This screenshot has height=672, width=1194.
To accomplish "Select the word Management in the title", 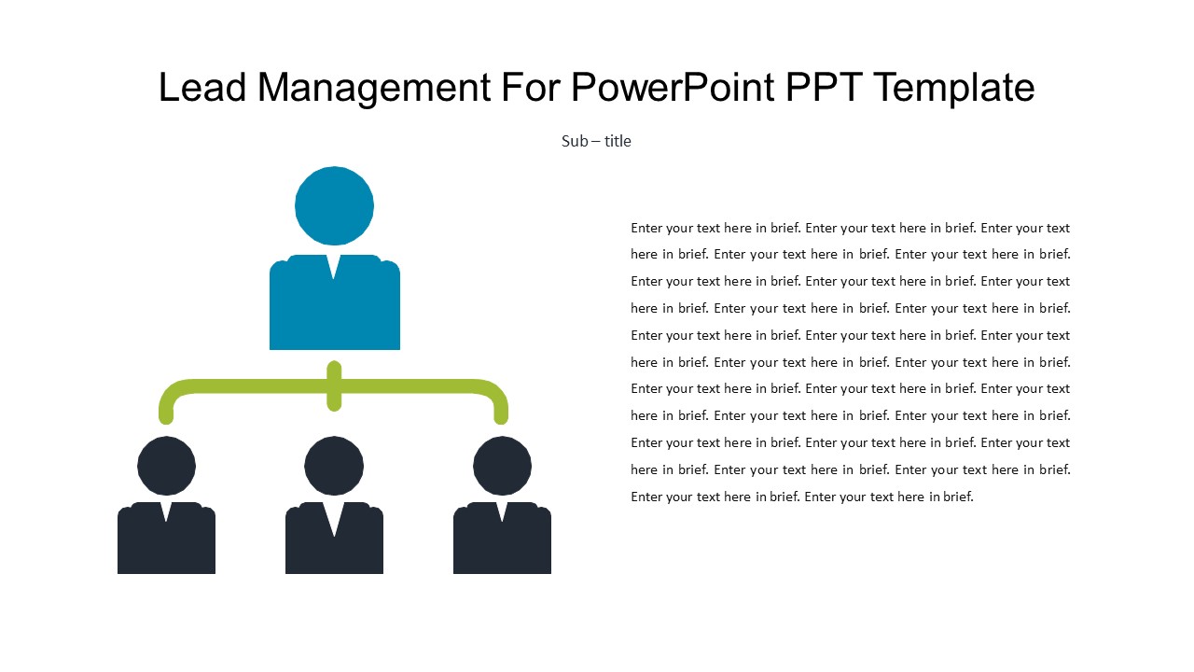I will [x=373, y=88].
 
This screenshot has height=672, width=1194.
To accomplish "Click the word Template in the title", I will [x=955, y=88].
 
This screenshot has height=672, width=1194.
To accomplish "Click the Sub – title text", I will [x=596, y=141].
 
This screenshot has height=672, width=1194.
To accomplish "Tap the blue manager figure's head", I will [x=334, y=205].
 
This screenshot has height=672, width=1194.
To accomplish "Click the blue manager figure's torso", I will [x=334, y=313].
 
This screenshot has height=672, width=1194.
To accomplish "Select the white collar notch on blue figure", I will [x=334, y=264].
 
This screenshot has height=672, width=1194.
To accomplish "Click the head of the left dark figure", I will [x=166, y=466].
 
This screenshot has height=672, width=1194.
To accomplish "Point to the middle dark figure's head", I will [x=334, y=466].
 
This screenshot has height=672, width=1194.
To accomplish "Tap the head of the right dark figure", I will [x=502, y=466].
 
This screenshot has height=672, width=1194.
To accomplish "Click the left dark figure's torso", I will [x=166, y=546].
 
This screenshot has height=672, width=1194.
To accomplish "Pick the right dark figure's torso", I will [x=502, y=546].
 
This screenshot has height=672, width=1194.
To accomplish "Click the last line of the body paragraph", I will [x=801, y=497].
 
